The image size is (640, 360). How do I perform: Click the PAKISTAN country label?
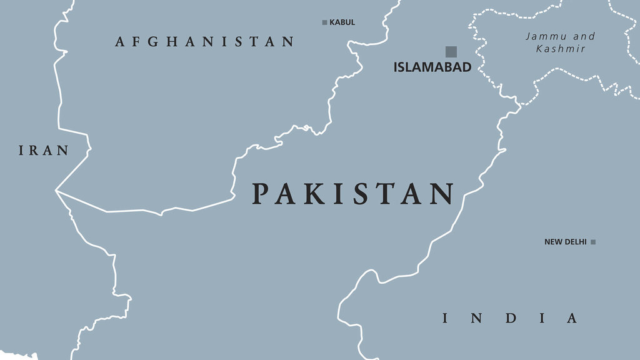[353, 194]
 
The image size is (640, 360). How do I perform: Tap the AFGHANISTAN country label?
[204, 42]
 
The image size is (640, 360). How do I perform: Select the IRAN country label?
[43, 151]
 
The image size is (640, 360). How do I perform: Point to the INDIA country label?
[510, 318]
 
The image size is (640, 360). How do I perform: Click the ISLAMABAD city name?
[432, 67]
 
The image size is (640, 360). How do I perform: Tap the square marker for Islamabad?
[451, 51]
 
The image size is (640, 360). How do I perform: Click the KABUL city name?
[342, 22]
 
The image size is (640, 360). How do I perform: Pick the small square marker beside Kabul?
[324, 22]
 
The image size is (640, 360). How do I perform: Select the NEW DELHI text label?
[565, 242]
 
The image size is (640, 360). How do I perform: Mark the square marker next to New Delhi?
[593, 242]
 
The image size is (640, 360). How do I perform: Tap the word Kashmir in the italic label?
[561, 48]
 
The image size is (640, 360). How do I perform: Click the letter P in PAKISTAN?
[261, 194]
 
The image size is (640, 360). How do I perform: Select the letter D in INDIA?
[511, 318]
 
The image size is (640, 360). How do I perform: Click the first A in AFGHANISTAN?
[120, 42]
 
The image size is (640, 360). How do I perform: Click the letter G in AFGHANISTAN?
[154, 42]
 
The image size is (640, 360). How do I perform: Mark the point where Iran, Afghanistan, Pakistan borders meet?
[56, 190]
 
